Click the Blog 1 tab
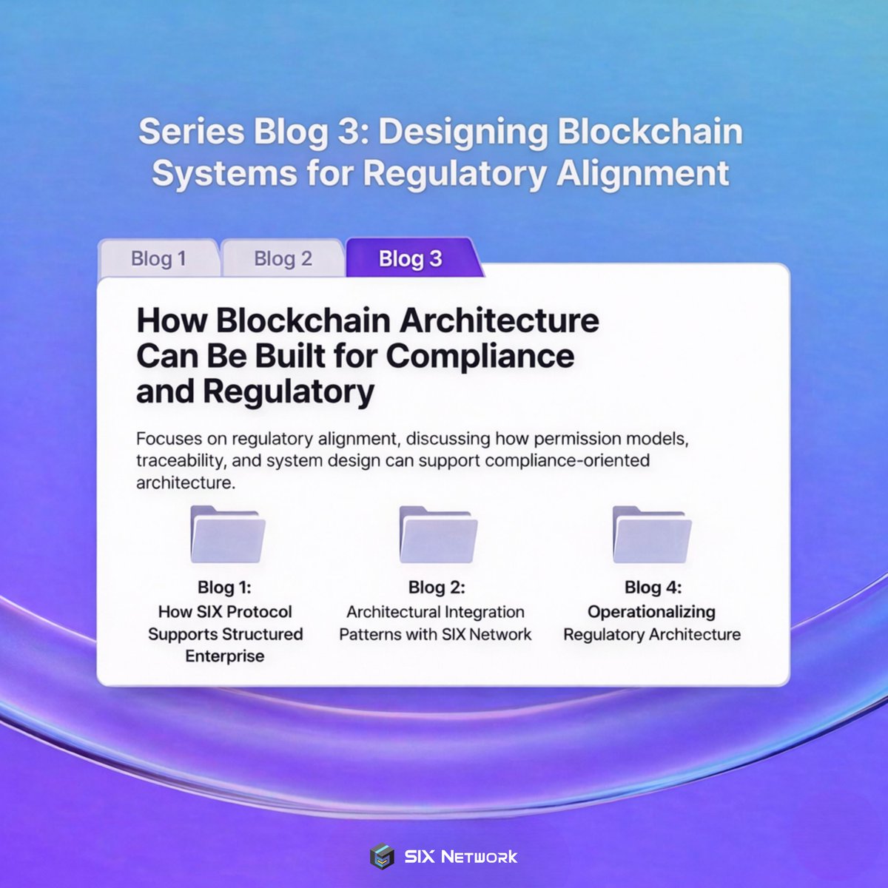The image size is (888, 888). [158, 259]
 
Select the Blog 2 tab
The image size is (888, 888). [283, 259]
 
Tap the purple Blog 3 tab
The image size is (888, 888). [410, 259]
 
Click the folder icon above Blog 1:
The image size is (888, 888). [227, 534]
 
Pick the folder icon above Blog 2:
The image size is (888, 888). [437, 534]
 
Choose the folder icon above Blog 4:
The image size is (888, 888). [652, 534]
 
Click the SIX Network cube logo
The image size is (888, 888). [383, 857]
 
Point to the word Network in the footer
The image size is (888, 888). [479, 857]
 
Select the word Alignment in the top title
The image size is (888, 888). [642, 174]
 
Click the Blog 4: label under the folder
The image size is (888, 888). [653, 588]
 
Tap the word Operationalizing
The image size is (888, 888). [651, 612]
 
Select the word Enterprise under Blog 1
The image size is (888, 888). [225, 656]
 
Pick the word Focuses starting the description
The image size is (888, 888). [169, 439]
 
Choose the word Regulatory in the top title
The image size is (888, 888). [454, 174]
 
